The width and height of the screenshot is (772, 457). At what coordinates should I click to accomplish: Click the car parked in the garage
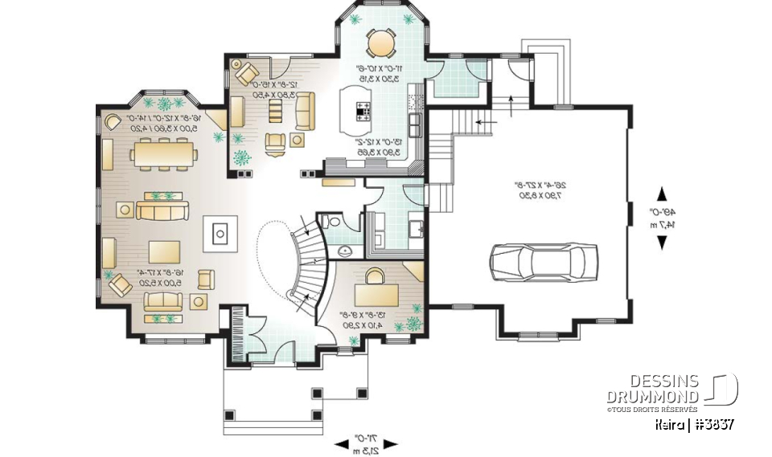coord(544,261)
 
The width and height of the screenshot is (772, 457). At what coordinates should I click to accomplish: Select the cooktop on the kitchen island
coord(362,111)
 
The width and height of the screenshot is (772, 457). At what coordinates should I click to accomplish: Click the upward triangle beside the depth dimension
coord(661,194)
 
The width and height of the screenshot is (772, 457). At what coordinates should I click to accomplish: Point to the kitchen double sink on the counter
coord(415,124)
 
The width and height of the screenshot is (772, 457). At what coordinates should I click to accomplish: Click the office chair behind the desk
coord(375,275)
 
